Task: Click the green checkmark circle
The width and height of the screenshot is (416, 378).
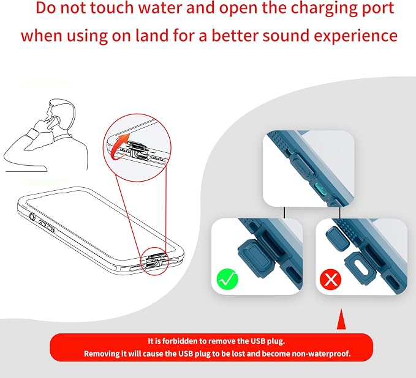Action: [227, 279]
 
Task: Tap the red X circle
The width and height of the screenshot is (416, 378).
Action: [330, 279]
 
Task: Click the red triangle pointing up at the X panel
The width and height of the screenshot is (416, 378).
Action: [341, 319]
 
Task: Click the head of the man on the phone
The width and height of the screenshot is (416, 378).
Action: [62, 111]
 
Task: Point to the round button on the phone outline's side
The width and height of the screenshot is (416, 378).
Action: [32, 217]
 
